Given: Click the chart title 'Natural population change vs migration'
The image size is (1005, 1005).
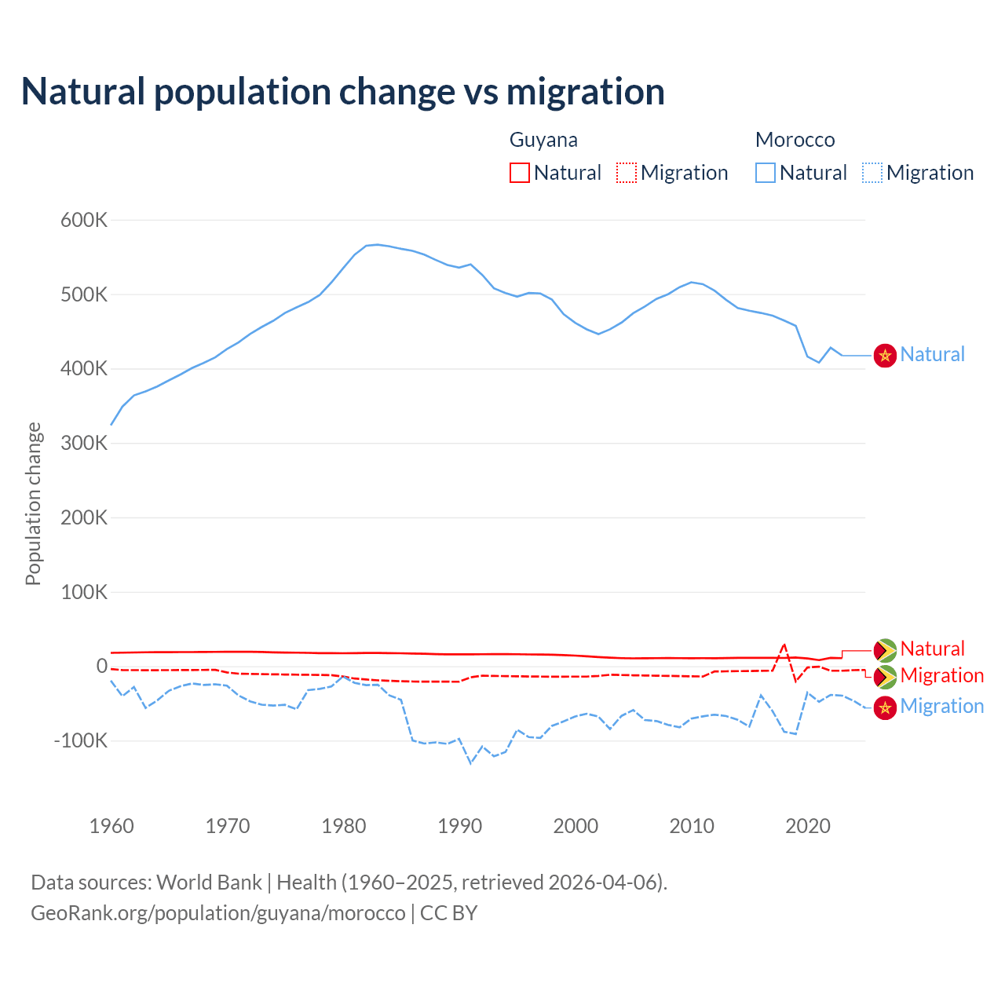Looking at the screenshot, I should [x=343, y=91].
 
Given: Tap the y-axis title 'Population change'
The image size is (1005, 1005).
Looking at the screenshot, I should [x=33, y=503].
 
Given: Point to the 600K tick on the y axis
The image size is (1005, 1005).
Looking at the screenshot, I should [x=84, y=220].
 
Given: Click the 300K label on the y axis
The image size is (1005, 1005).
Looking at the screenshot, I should [x=84, y=443].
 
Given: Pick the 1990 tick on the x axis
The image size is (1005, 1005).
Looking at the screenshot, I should [x=460, y=826].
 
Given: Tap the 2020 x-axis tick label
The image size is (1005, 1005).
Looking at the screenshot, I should [x=808, y=826].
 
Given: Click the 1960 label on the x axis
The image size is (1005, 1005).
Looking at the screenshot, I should [x=111, y=826].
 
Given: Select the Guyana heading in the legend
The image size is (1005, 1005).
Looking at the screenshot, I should [x=543, y=140].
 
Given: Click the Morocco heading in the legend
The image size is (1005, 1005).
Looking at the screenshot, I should [x=795, y=140].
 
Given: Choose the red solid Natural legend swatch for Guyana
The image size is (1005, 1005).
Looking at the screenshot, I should [x=520, y=173].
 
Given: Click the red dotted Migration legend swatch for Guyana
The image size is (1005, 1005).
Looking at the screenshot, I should [x=627, y=173].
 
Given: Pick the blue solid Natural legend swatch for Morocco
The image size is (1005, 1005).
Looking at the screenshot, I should [x=766, y=173].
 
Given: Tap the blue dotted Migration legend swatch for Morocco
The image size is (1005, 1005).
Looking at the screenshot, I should [x=872, y=173].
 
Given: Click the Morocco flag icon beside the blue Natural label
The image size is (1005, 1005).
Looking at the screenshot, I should [x=886, y=355].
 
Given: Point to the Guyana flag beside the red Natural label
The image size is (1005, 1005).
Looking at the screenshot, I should [x=886, y=650].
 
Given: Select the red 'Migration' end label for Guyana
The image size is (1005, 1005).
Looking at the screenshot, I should [x=942, y=675].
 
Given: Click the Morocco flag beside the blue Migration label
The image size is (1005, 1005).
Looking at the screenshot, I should [x=886, y=707].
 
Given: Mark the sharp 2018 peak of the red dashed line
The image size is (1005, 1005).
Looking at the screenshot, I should [x=784, y=645].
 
